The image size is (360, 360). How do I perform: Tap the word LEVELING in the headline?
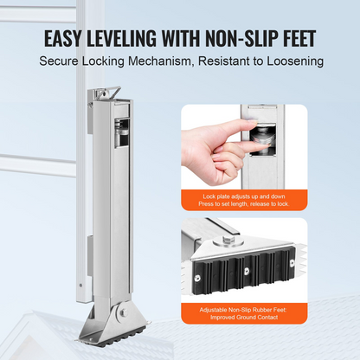(121, 38)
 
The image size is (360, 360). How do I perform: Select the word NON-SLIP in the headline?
(241, 38)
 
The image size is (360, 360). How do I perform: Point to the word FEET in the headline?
(298, 38)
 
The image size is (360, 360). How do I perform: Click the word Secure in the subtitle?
(59, 61)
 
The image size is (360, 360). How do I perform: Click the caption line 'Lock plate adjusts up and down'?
(244, 196)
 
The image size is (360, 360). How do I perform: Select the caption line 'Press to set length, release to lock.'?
(244, 204)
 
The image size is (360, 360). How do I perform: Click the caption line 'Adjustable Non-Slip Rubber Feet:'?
(243, 310)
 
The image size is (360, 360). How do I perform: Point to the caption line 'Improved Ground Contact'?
(244, 318)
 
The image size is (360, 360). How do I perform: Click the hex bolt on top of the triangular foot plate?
(228, 241)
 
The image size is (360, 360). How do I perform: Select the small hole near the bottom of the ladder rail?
(80, 286)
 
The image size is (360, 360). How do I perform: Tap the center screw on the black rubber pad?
(247, 271)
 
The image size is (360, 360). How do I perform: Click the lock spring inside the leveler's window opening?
(122, 132)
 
